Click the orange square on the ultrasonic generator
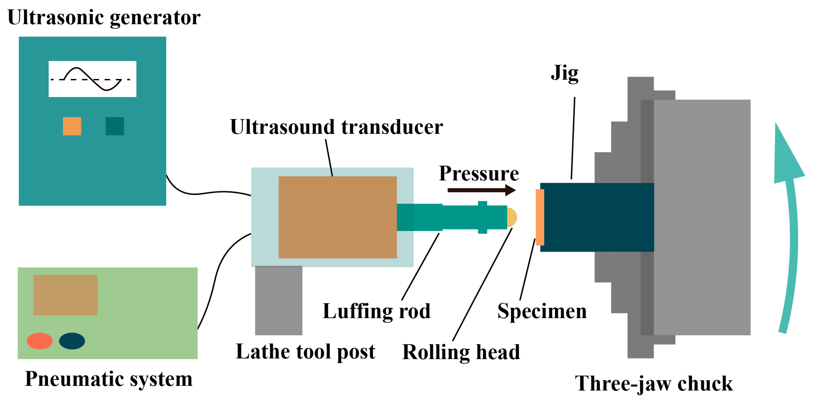(72, 126)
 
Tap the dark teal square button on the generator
(114, 126)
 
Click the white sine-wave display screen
(92, 79)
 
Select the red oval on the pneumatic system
(40, 341)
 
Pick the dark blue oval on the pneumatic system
(72, 341)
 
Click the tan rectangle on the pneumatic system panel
(65, 295)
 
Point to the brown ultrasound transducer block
(337, 217)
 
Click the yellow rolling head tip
(512, 217)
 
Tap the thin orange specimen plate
(540, 217)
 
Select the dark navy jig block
(596, 217)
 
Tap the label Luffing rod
(376, 311)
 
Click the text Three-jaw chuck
(653, 384)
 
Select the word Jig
(564, 73)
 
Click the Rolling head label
(461, 352)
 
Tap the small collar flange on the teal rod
(482, 217)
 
